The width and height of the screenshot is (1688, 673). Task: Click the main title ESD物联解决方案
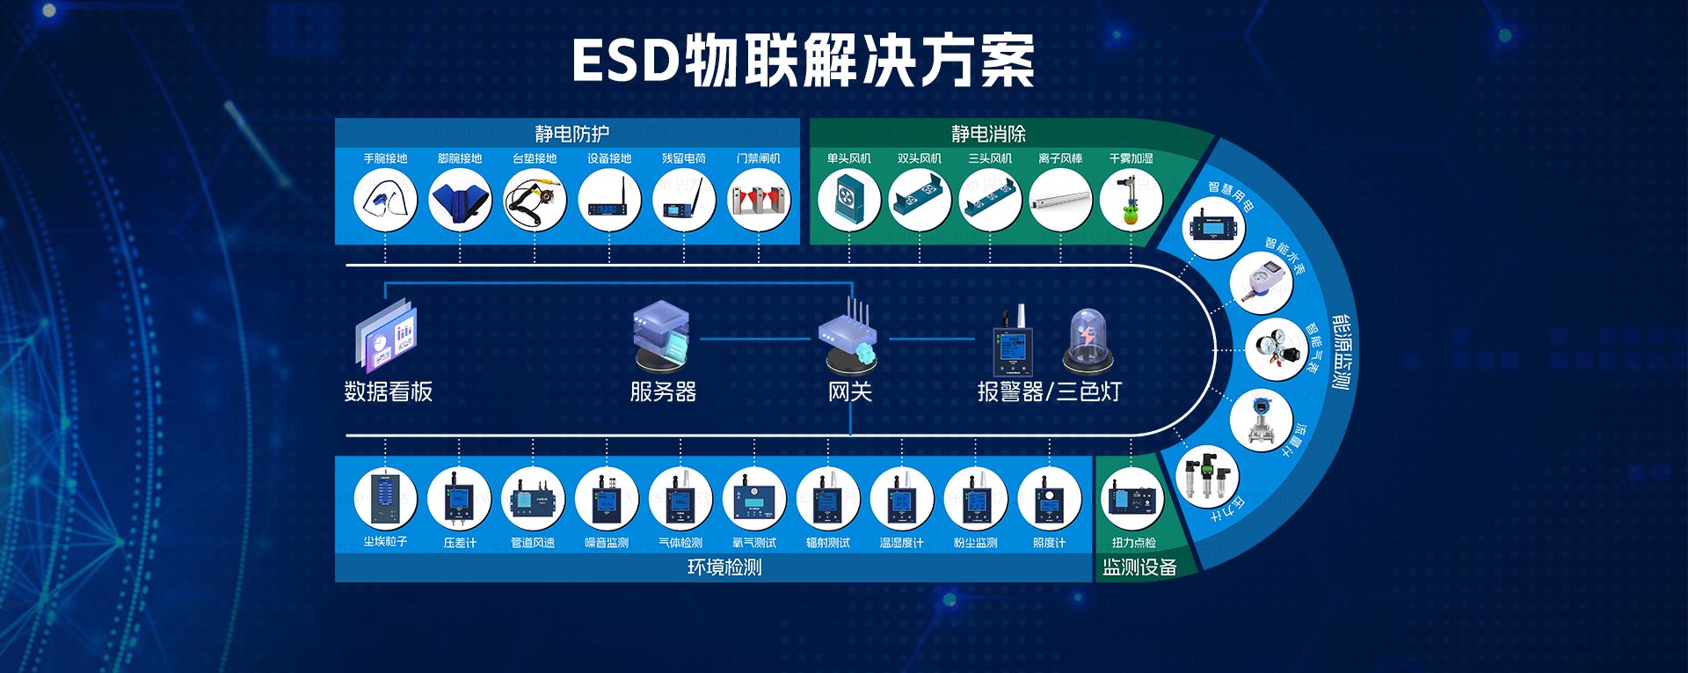[803, 61]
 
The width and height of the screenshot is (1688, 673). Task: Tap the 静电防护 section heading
[571, 134]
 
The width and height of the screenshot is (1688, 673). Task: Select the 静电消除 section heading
[988, 134]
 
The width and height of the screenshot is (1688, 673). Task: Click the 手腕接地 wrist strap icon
[385, 200]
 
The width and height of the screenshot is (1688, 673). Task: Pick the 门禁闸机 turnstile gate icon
[759, 200]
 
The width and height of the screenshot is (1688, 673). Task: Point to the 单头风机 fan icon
[849, 200]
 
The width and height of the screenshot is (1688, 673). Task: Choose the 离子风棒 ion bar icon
[1060, 200]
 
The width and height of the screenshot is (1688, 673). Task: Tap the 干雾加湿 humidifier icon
[1131, 200]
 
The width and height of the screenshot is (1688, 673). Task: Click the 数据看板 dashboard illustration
[387, 335]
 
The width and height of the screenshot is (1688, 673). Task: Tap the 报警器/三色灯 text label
[1049, 391]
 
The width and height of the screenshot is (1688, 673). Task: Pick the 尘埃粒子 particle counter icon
[385, 498]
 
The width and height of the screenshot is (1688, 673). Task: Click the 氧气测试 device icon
[754, 498]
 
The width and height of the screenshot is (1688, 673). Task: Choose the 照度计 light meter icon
[1049, 498]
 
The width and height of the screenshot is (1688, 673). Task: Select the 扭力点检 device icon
[1132, 498]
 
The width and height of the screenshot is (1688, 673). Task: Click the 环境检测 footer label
[724, 567]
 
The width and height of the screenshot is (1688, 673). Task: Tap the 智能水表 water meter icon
[1261, 283]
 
